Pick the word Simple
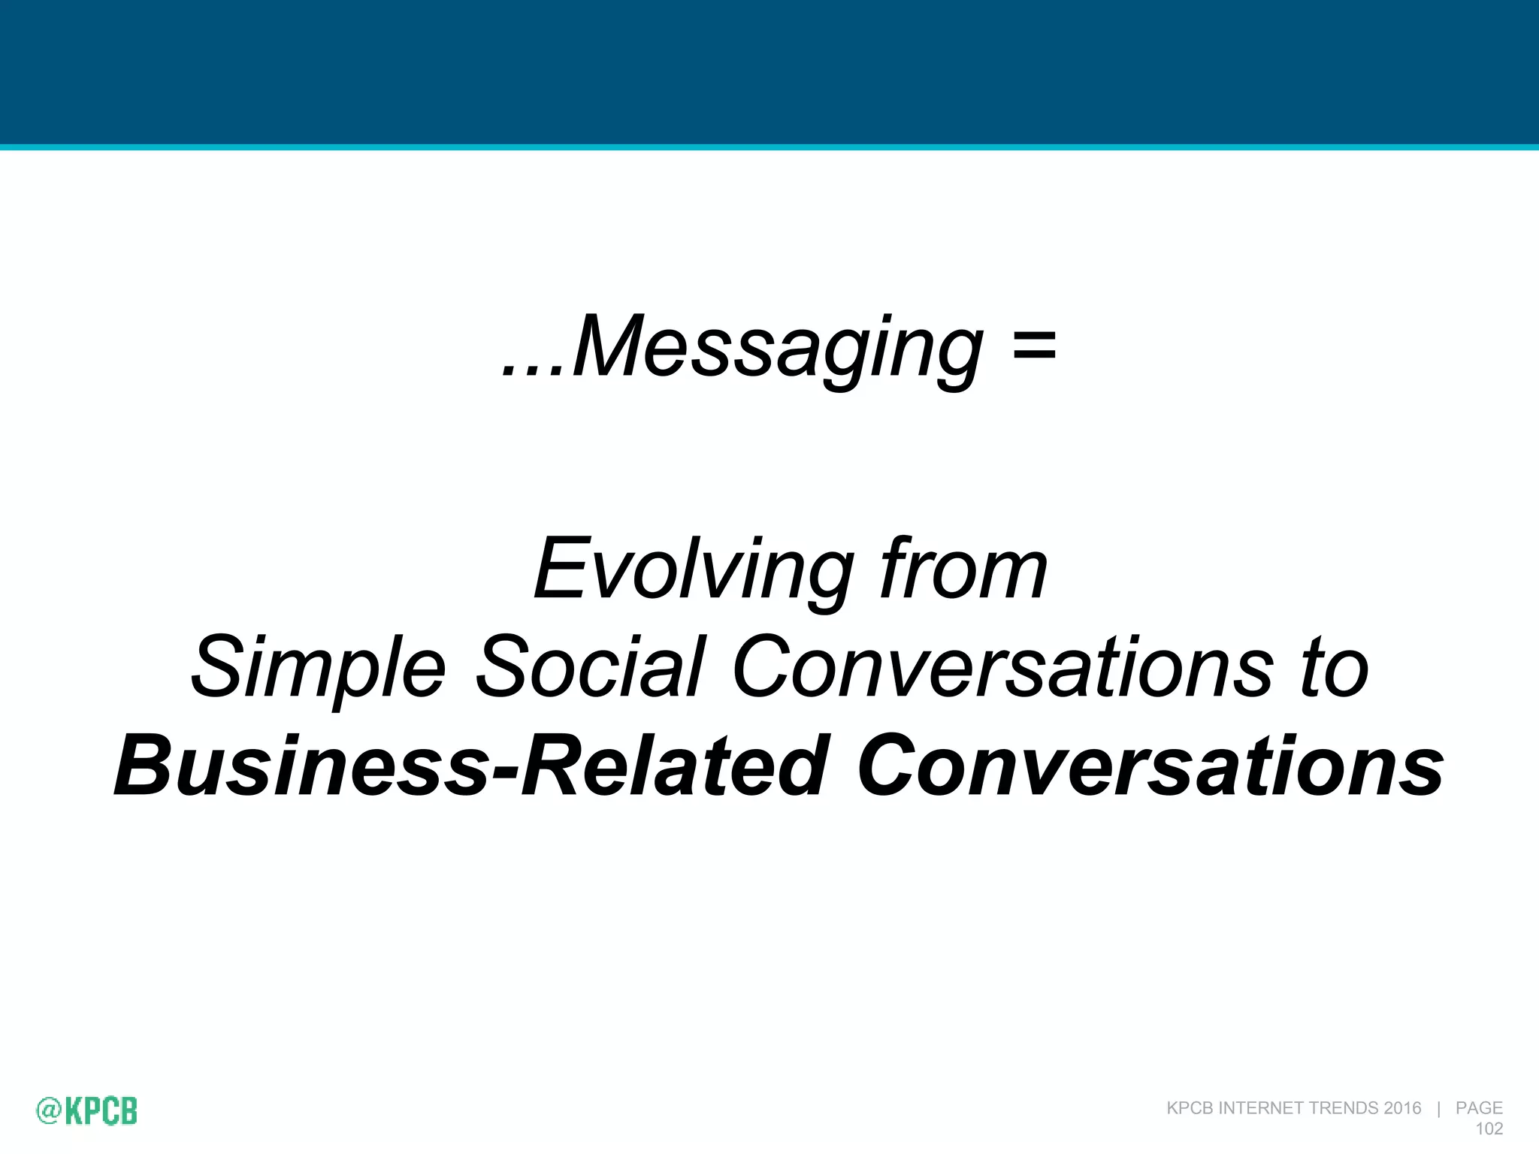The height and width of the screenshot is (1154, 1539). coord(319,668)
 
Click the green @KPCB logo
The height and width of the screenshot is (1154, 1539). coord(87,1110)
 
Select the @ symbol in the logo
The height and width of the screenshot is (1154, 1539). coord(48,1111)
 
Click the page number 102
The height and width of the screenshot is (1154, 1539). coord(1489,1128)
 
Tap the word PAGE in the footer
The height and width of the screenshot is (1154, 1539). coord(1479,1108)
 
